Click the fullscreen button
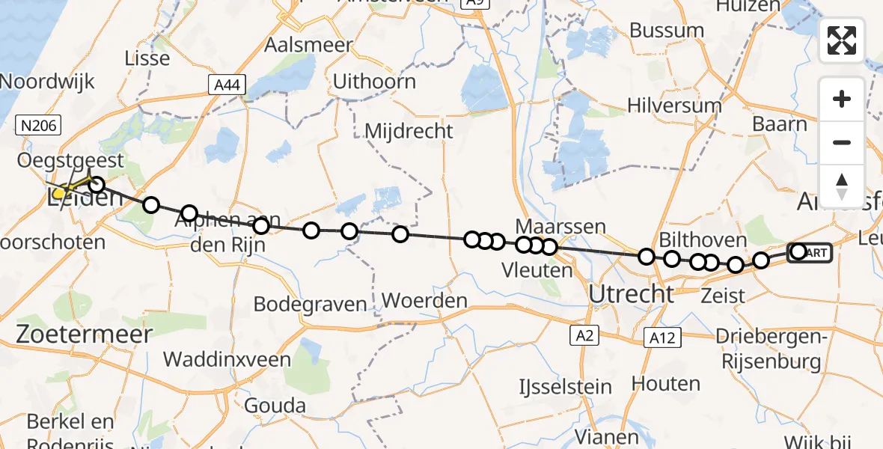[x=842, y=40]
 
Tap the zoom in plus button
[x=842, y=100]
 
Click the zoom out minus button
[x=842, y=142]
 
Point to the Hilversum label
[x=675, y=106]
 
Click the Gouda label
[x=278, y=406]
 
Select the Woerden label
[x=424, y=301]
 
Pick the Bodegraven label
[x=311, y=304]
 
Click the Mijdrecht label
[x=409, y=132]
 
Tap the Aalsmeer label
[x=308, y=45]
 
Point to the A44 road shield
[x=227, y=85]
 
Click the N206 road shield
[x=39, y=126]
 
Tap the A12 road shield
[x=662, y=338]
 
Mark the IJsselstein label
[x=566, y=387]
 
